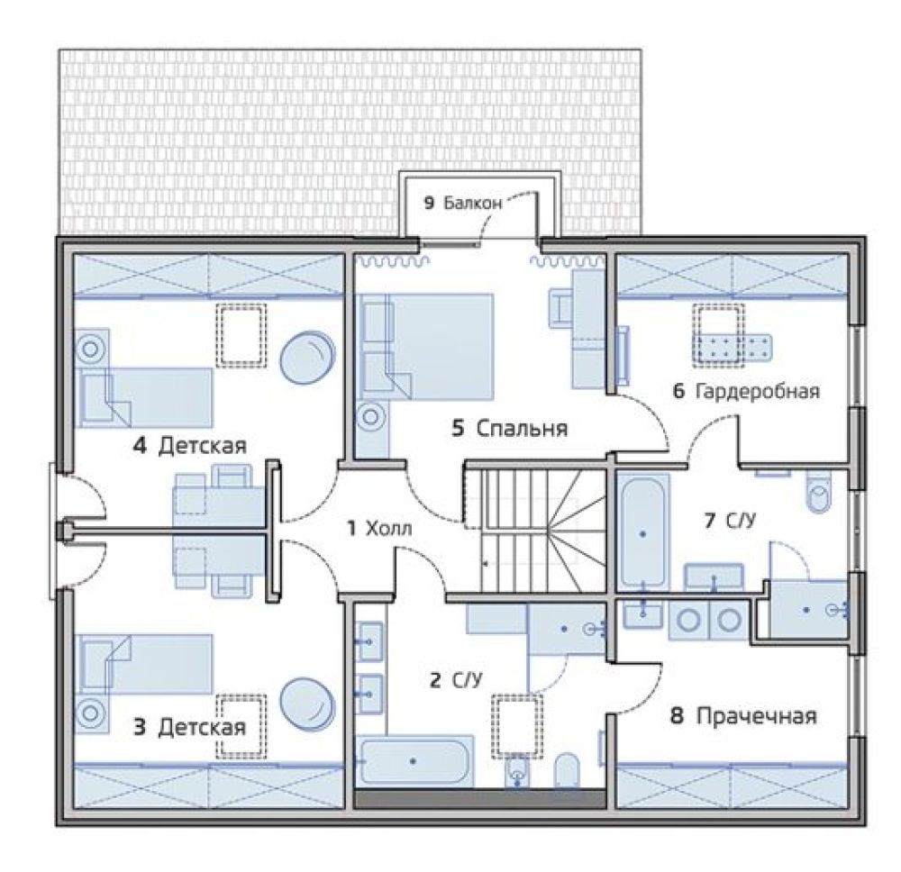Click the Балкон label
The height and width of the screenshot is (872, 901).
coord(473,203)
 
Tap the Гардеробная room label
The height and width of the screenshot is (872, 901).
coord(758,392)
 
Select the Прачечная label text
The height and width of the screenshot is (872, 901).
coord(756,716)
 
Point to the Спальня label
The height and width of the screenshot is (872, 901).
coord(522,429)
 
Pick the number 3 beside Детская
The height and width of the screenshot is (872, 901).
coord(140,728)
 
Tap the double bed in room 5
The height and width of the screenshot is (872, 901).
coord(425,347)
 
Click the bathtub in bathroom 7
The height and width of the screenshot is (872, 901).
coord(643,531)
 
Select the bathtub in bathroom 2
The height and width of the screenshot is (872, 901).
coord(415,761)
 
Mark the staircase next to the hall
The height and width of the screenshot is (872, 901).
coord(535,531)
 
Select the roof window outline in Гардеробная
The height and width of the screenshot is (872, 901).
coord(718,335)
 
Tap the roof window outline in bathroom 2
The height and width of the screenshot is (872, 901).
coord(516,727)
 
